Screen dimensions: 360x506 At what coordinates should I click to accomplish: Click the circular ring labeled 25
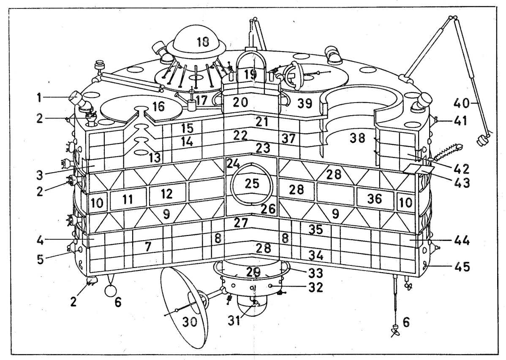click(252, 184)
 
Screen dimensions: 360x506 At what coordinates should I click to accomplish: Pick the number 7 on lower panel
click(147, 247)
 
